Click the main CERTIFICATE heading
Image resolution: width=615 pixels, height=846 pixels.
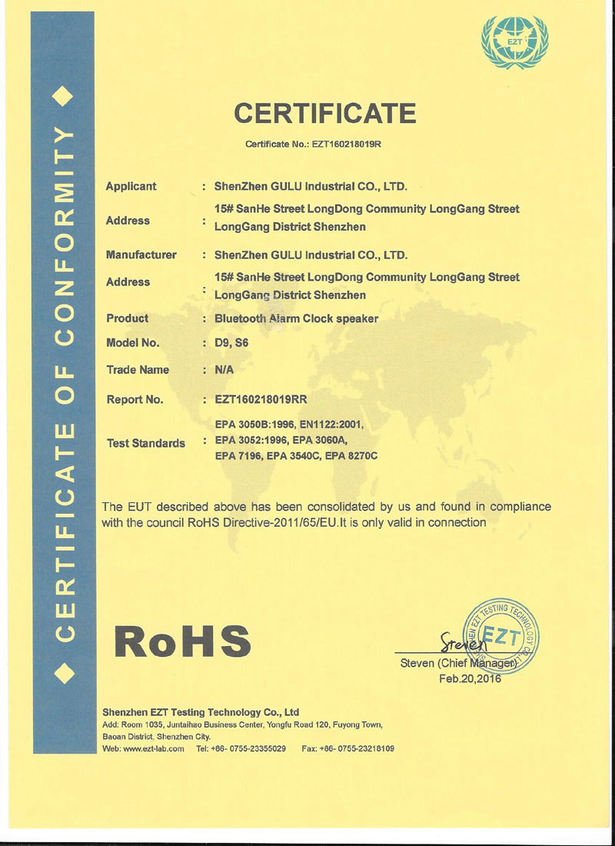pos(325,114)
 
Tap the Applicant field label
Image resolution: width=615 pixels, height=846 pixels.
pos(131,186)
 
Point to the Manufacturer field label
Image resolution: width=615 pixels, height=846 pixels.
pos(141,255)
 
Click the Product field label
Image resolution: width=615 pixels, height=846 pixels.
pos(127,318)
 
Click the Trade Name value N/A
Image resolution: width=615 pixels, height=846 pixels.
pos(224,370)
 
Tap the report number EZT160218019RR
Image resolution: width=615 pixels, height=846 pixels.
pos(261,399)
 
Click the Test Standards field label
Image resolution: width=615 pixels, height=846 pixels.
pos(145,444)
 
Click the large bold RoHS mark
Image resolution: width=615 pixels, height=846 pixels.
pos(182,641)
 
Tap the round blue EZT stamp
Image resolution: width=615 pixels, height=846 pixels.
pos(502,633)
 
